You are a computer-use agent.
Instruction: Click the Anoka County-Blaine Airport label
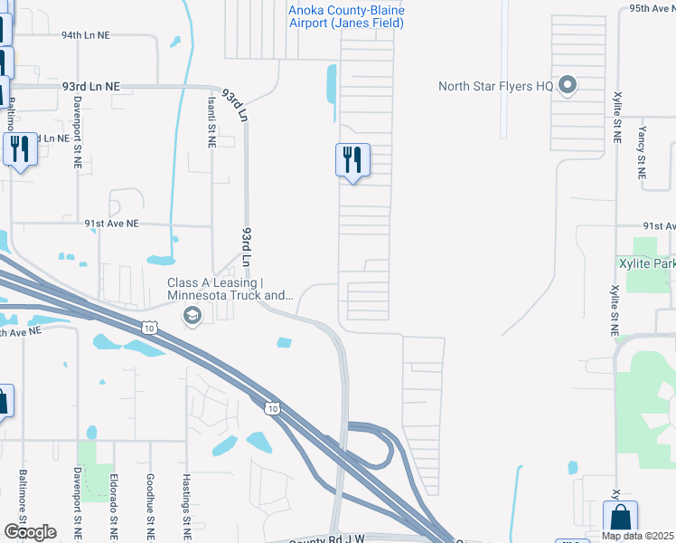click(x=346, y=17)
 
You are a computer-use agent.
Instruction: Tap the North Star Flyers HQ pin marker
click(x=568, y=86)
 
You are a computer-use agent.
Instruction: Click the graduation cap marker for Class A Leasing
click(x=192, y=315)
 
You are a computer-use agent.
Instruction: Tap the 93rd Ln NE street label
click(x=91, y=86)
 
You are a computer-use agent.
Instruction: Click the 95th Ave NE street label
click(x=653, y=7)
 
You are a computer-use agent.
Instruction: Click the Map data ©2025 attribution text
click(x=637, y=536)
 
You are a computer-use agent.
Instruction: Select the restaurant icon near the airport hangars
click(x=352, y=160)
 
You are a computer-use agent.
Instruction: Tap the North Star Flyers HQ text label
click(x=495, y=86)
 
